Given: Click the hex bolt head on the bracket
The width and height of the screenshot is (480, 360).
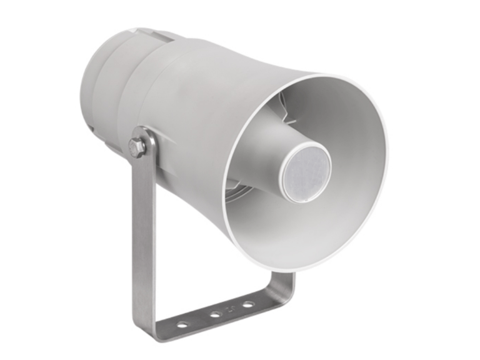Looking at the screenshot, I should pos(137,147).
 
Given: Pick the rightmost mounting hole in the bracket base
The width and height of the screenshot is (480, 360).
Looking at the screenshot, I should pos(248,304).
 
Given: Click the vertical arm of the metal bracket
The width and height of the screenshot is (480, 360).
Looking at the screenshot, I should pos(142,237).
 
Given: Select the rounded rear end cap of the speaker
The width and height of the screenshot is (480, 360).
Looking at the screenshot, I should pos(94,94).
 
